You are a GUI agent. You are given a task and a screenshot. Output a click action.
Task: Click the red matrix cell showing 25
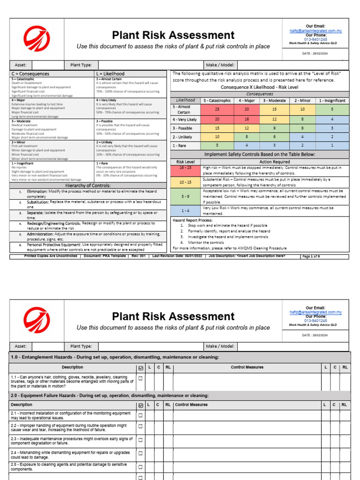pyautogui.click(x=217, y=109)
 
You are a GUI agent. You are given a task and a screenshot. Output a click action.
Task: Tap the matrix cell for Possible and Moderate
pyautogui.click(x=275, y=128)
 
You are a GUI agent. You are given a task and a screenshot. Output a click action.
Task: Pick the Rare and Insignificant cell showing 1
pyautogui.click(x=332, y=145)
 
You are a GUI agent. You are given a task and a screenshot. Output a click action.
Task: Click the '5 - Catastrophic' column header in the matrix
pyautogui.click(x=217, y=100)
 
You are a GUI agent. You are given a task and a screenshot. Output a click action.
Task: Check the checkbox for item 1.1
pyautogui.click(x=140, y=378)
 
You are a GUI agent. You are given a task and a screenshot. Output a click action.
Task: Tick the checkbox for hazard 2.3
pyautogui.click(x=140, y=441)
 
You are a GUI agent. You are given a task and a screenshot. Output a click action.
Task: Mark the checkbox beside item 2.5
pyautogui.click(x=140, y=466)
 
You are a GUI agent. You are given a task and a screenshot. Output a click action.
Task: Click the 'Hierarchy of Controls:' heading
pyautogui.click(x=88, y=186)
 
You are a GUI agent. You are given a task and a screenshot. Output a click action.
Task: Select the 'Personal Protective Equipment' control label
pyautogui.click(x=54, y=245)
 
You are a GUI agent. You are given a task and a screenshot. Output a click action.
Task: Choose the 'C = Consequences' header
pyautogui.click(x=30, y=74)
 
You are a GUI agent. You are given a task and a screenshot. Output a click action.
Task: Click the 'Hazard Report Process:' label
pyautogui.click(x=192, y=220)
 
